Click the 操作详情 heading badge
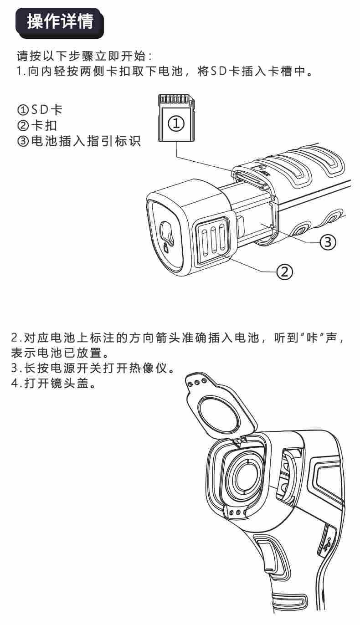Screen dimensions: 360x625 [x=60, y=23]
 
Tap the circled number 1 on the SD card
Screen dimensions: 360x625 [x=176, y=123]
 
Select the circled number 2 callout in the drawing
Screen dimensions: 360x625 [x=284, y=271]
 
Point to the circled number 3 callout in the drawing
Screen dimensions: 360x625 [x=328, y=241]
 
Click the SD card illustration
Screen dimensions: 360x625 [x=176, y=118]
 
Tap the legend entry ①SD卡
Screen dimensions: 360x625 [x=40, y=110]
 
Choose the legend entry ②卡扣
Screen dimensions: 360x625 [x=37, y=126]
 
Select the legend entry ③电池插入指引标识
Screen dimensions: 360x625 [x=79, y=141]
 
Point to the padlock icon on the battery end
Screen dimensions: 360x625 [x=166, y=248]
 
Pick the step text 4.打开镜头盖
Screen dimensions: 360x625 [x=53, y=383]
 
